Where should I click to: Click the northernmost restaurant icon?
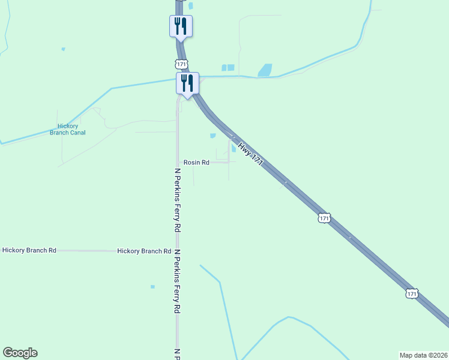[x=180, y=26]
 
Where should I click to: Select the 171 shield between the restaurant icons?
[x=181, y=63]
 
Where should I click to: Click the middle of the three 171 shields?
[x=324, y=218]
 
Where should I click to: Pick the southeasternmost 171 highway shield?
[x=411, y=293]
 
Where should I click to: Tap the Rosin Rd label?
[x=196, y=163]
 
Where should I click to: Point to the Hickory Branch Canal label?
[x=67, y=129]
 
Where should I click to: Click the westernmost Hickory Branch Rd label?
[x=29, y=250]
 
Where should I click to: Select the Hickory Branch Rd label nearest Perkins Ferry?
[x=144, y=251]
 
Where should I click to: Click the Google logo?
[x=20, y=353]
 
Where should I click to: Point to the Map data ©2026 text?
[x=423, y=355]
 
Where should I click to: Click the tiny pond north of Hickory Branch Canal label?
[x=62, y=49]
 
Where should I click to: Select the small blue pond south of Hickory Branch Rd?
[x=152, y=287]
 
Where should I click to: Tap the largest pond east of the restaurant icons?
[x=265, y=70]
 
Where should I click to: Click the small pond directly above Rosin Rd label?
[x=212, y=136]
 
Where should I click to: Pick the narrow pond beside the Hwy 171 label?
[x=233, y=148]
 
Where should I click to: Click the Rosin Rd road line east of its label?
[x=220, y=162]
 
